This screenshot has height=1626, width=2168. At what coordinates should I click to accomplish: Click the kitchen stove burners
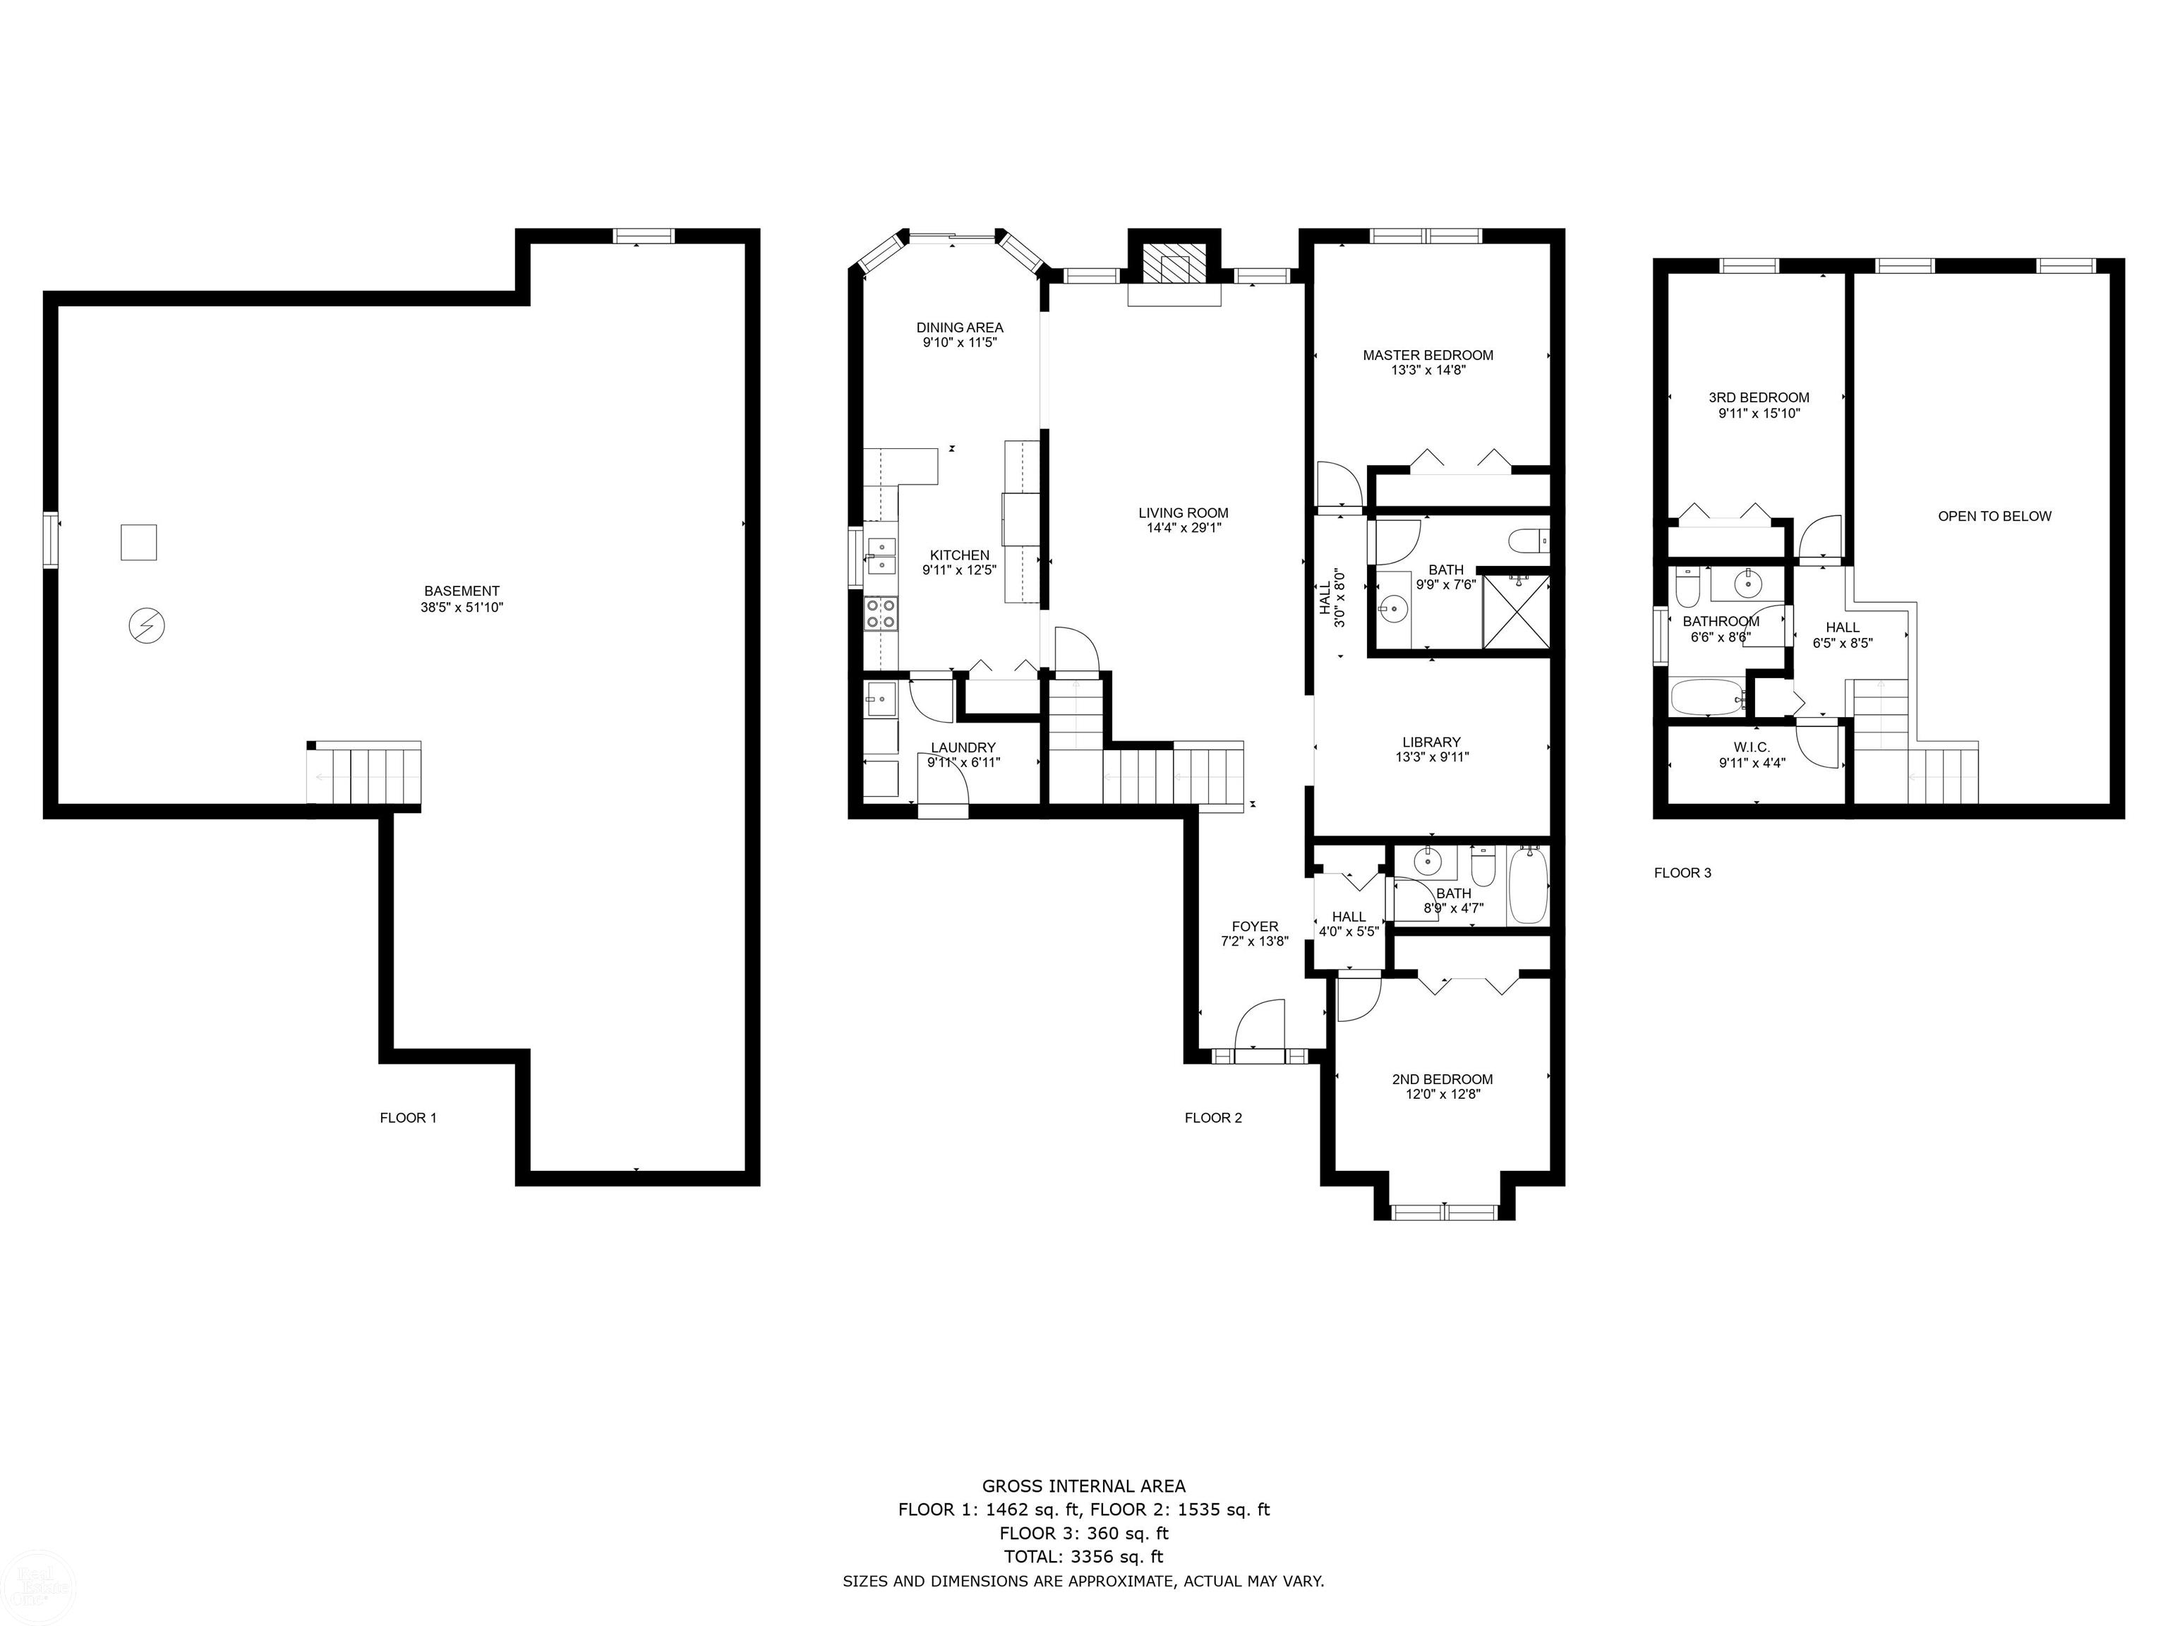[880, 613]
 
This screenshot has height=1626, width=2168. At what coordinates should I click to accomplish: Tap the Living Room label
[1183, 512]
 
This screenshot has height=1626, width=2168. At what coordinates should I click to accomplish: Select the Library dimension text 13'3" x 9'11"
[1432, 757]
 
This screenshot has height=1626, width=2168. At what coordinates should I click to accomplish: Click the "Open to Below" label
[1994, 517]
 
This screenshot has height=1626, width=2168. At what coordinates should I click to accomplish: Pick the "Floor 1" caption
[408, 1117]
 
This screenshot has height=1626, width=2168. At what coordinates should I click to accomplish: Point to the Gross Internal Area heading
[1084, 1486]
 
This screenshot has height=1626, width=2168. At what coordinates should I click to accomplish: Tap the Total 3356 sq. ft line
[1084, 1556]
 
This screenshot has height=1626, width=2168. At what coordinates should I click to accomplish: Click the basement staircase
[365, 774]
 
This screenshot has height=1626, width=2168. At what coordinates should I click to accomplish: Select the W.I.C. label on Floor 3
[1752, 747]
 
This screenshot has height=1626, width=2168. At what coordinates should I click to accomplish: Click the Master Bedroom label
[1428, 355]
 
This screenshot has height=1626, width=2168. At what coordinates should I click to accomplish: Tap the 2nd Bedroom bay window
[1445, 1212]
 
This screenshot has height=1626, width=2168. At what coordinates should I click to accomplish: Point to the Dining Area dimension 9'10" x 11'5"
[960, 343]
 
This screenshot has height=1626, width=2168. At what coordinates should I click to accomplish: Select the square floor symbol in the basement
[138, 542]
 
